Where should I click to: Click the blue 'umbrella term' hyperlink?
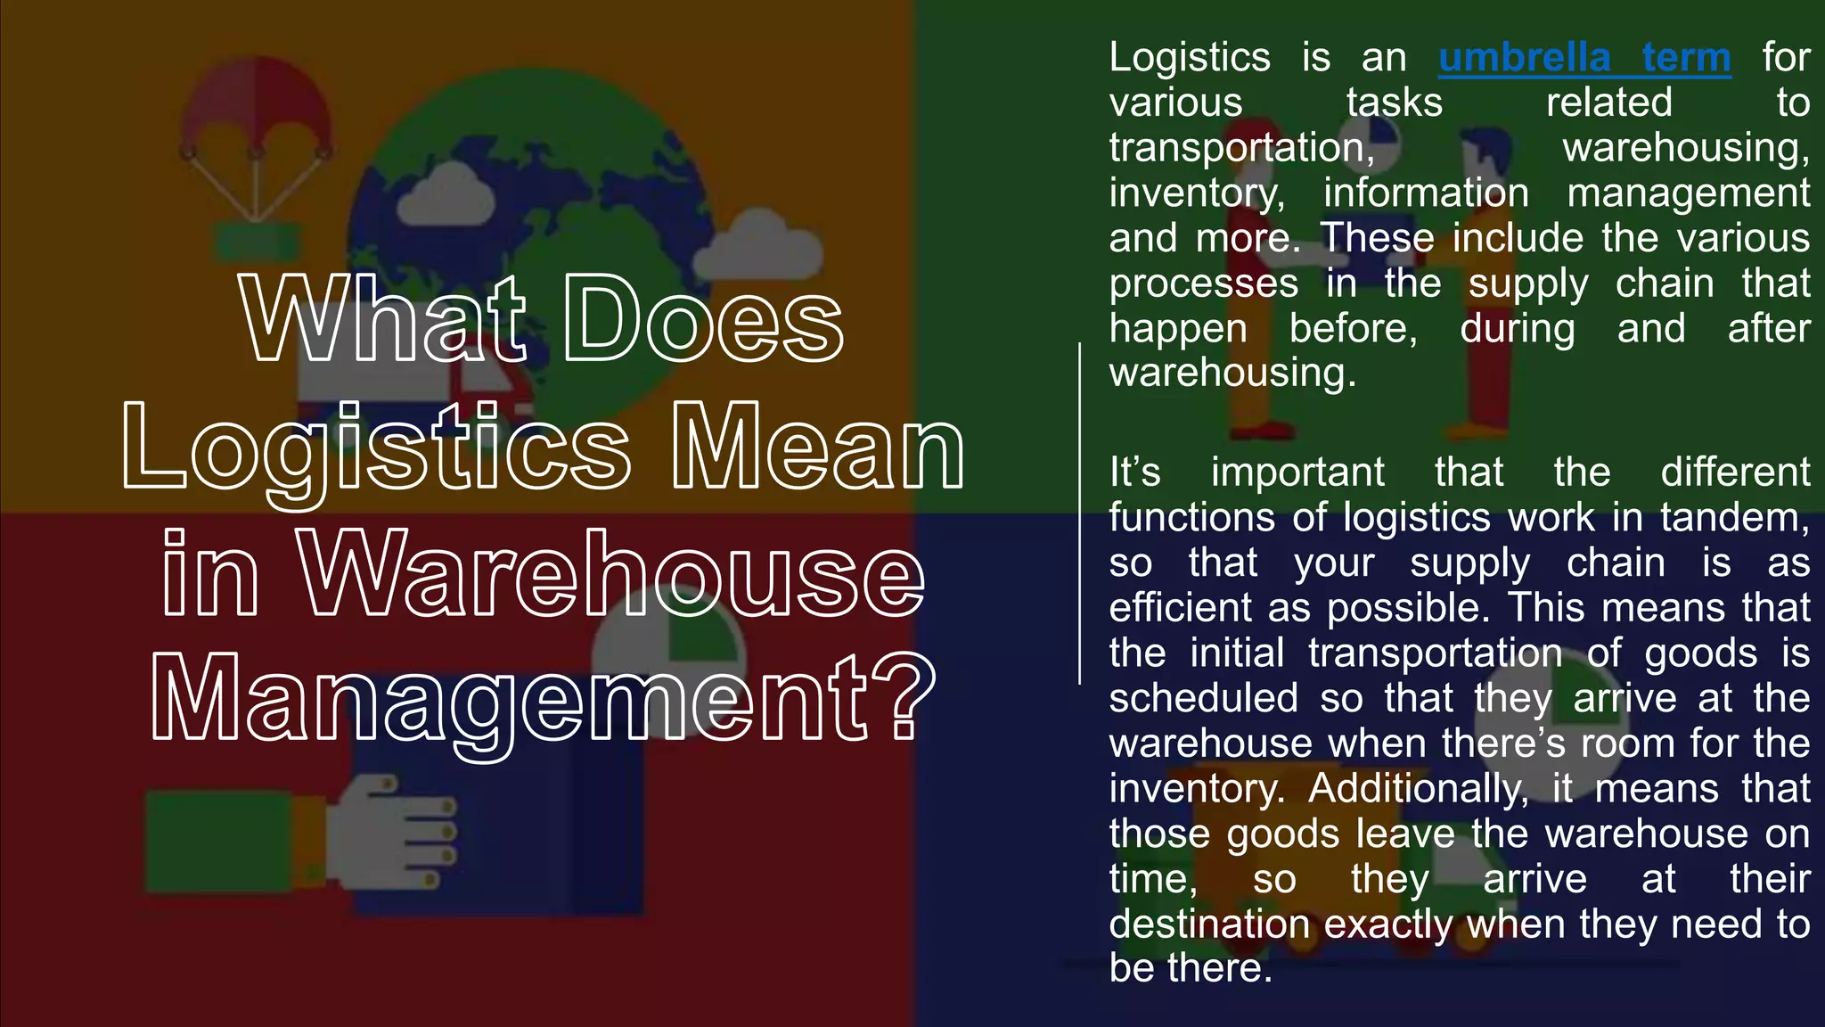[x=1584, y=58]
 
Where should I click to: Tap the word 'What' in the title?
[x=383, y=319]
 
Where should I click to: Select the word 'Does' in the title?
[x=704, y=319]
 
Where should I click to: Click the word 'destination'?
[x=1209, y=924]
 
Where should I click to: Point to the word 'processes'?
[x=1203, y=284]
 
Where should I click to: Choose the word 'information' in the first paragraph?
[x=1426, y=193]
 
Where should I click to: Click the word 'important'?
[x=1297, y=472]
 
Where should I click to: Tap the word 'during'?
[x=1518, y=329]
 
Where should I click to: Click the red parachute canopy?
[x=258, y=98]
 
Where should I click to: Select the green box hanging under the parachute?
[x=257, y=241]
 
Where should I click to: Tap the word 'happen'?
[x=1178, y=329]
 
